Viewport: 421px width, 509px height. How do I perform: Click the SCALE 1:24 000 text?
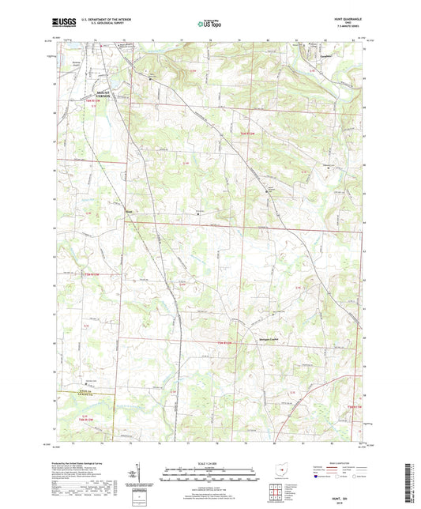click(209, 462)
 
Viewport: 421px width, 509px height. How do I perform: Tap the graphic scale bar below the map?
click(209, 477)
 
